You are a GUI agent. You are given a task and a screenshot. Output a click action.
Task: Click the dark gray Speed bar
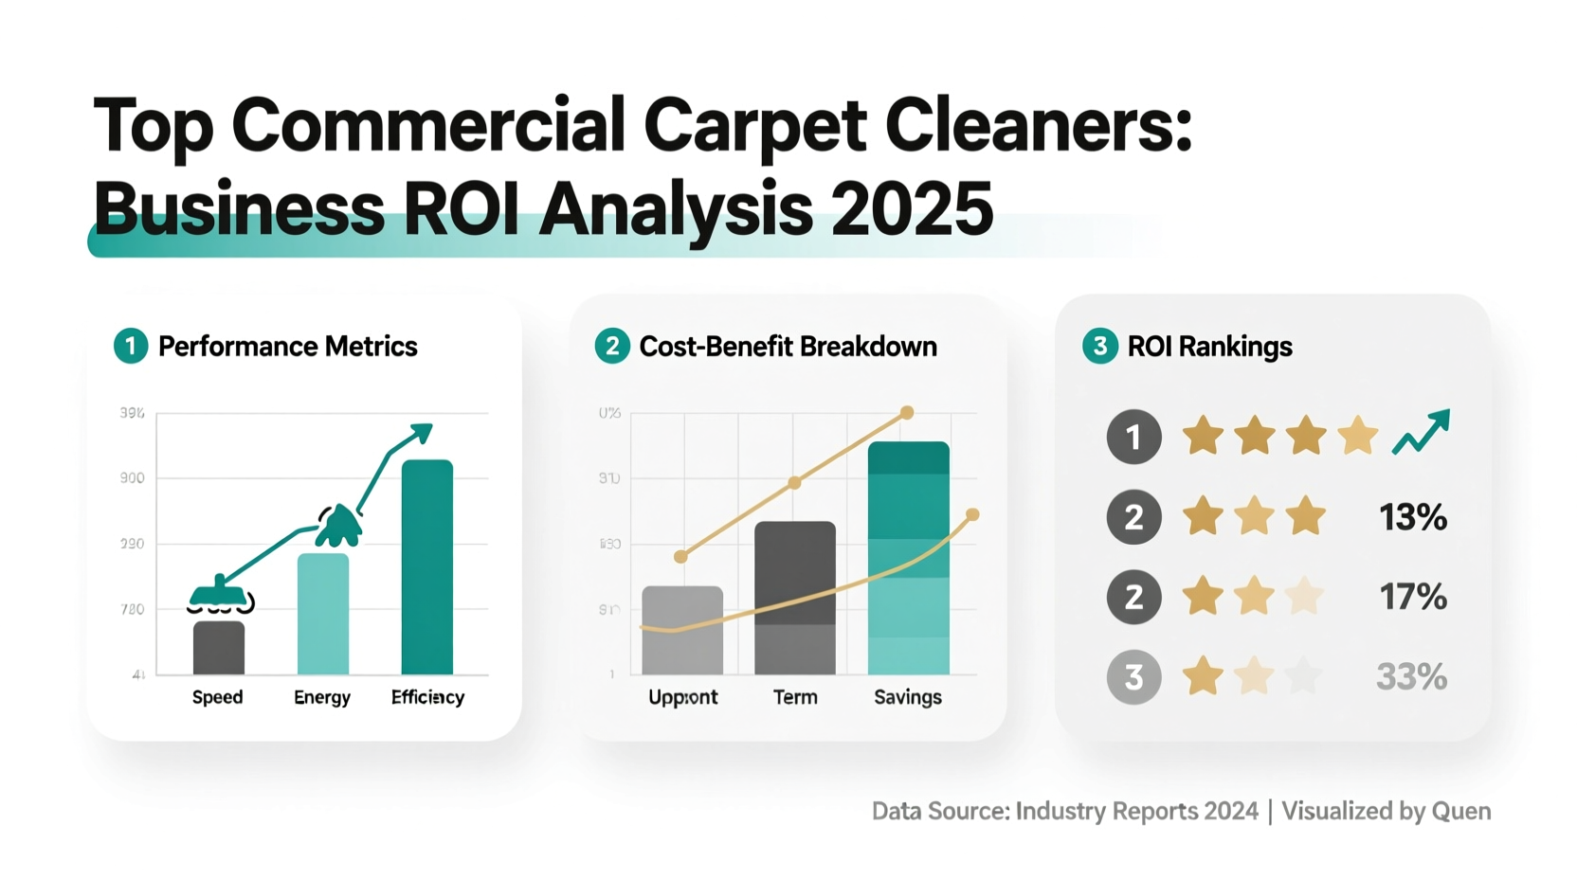coord(219,648)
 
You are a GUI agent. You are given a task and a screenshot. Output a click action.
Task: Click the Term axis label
coord(795,697)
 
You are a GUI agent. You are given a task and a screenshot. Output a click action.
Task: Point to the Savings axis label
coord(907,697)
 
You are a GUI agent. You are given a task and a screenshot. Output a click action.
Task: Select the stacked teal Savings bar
coord(908,558)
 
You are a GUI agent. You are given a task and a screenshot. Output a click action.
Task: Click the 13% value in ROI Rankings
coord(1412,517)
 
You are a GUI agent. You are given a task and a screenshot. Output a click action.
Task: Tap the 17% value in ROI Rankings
coord(1412,597)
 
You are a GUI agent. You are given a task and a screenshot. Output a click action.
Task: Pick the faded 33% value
coord(1411,677)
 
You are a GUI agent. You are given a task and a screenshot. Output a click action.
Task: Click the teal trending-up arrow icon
coord(1421,433)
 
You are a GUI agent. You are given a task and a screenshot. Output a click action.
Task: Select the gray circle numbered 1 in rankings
coord(1133,437)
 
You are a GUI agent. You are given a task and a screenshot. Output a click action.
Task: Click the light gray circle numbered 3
coord(1133,677)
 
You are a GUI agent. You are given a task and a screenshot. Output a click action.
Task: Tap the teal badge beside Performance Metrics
coord(131,346)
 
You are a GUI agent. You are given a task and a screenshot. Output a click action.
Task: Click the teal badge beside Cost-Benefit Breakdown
coord(612,346)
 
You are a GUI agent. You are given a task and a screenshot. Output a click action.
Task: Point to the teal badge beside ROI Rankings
coord(1099,346)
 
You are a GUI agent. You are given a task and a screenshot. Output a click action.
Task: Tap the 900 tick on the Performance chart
coord(133,478)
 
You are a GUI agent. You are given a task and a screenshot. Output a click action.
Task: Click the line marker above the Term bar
coord(794,483)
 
